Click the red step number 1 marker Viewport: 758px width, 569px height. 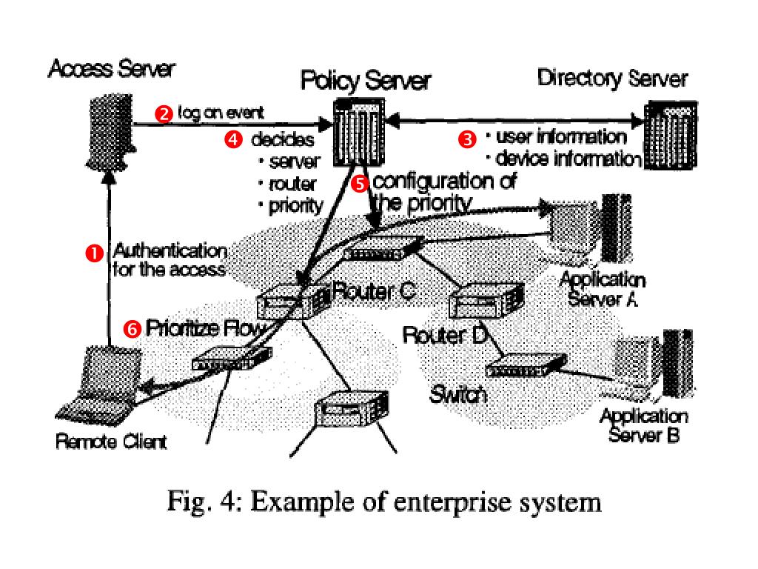pos(94,253)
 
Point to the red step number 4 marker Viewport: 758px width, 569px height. pos(233,139)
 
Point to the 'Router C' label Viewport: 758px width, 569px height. pos(372,291)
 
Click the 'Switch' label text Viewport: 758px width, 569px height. pos(458,394)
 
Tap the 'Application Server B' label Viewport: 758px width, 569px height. pos(643,425)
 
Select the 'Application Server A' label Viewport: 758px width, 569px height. pos(602,290)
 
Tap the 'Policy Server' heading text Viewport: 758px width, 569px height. pos(365,81)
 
